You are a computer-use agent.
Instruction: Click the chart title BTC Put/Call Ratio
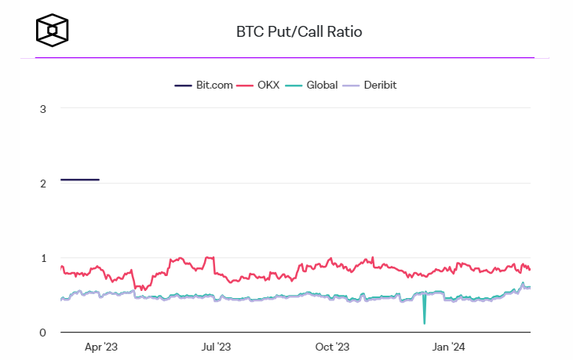tap(299, 32)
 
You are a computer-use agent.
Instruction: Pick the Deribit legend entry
tap(379, 85)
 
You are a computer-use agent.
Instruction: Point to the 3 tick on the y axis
tap(42, 108)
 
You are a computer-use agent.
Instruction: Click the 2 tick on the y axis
tap(42, 183)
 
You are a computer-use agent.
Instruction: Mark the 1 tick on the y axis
tap(42, 258)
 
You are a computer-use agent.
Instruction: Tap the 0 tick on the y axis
tap(42, 333)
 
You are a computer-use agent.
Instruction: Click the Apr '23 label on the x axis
tap(100, 347)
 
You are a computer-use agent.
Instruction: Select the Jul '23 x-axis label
tap(216, 347)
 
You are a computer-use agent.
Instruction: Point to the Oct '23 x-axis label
tap(333, 347)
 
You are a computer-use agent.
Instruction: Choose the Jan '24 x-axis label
tap(448, 347)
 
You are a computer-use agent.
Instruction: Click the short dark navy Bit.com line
tap(80, 180)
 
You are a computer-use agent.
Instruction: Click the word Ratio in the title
tap(346, 32)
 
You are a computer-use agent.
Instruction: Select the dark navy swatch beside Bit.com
tap(183, 85)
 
